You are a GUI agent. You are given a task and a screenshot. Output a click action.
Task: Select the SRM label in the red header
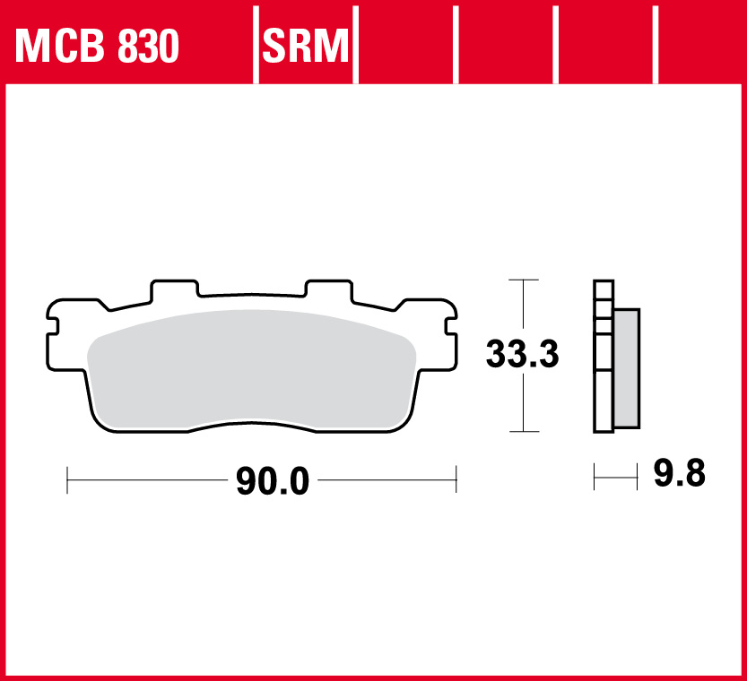click(x=305, y=46)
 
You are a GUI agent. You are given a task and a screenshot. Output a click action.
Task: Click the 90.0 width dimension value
click(x=273, y=483)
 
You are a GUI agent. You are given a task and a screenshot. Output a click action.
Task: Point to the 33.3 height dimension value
click(x=522, y=356)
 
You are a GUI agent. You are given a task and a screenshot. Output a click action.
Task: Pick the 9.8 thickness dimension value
click(x=679, y=473)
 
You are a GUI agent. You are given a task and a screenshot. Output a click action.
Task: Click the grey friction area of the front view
click(x=251, y=367)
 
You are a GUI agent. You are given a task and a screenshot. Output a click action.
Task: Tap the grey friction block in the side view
click(x=627, y=367)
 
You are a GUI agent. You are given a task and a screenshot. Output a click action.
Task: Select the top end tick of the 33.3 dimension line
click(x=523, y=280)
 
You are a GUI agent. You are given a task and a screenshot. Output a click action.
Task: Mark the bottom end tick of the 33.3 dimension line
click(x=523, y=431)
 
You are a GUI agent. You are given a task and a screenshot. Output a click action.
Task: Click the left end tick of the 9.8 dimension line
click(x=595, y=477)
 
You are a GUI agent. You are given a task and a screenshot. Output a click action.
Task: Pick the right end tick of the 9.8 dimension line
click(x=637, y=477)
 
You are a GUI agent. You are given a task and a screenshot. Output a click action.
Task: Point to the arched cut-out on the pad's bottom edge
click(x=252, y=428)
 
